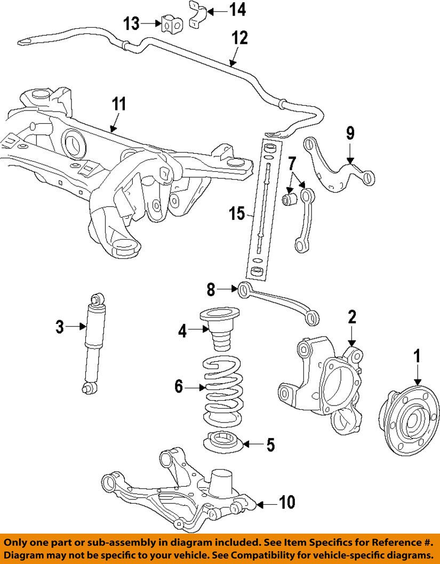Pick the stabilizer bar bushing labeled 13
click(170, 24)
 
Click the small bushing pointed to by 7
click(290, 201)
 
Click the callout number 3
click(59, 325)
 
